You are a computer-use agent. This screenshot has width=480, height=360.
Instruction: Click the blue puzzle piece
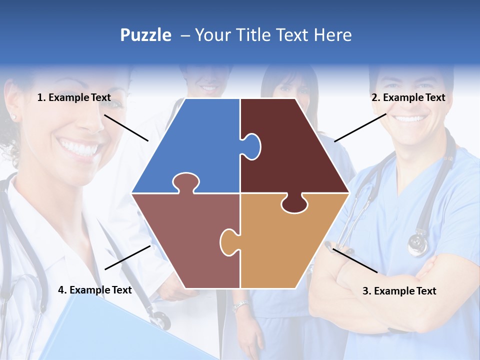(200, 145)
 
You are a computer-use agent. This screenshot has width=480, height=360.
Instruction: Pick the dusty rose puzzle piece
(185, 235)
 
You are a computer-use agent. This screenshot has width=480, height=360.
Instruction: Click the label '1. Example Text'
(74, 97)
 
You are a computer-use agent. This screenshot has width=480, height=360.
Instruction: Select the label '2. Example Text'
(408, 97)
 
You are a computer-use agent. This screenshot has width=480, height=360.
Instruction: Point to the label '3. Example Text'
(399, 291)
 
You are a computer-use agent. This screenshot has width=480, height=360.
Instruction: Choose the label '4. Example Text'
(95, 290)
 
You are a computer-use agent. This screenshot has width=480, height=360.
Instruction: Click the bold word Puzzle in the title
(145, 35)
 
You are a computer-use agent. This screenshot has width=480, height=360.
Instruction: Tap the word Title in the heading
(253, 35)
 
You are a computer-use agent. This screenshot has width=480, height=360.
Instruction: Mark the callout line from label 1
(126, 127)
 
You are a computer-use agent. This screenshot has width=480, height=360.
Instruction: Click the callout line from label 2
(360, 127)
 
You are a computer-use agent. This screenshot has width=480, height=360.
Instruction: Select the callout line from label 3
(355, 260)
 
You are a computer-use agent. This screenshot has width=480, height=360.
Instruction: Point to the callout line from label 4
(127, 257)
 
